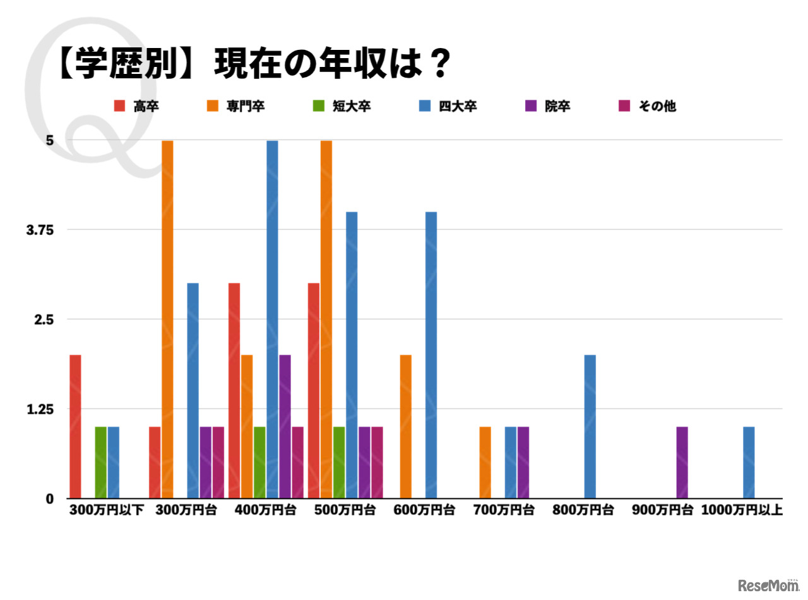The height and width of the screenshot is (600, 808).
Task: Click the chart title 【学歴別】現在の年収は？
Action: [x=252, y=64]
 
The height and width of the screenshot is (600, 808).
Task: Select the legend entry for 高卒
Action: [x=137, y=106]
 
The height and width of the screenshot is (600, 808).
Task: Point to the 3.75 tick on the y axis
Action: [x=40, y=230]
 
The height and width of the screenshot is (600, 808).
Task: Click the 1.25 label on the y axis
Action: [x=40, y=409]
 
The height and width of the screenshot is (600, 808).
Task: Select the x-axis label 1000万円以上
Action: [x=742, y=510]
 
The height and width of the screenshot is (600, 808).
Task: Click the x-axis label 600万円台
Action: [x=424, y=510]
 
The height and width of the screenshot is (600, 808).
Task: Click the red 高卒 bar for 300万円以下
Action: [x=75, y=426]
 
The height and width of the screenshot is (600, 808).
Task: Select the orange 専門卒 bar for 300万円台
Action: [x=167, y=319]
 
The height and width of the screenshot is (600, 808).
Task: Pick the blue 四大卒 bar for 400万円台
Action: [x=272, y=319]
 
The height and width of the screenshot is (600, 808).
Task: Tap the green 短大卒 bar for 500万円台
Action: [x=339, y=462]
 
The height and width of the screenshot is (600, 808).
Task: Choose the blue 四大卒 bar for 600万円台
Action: [x=431, y=355]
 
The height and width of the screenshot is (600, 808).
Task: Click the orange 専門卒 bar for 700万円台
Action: [x=485, y=462]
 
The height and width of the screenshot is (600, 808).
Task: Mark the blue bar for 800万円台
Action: [x=590, y=426]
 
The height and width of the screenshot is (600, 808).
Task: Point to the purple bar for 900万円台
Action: [x=682, y=462]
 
